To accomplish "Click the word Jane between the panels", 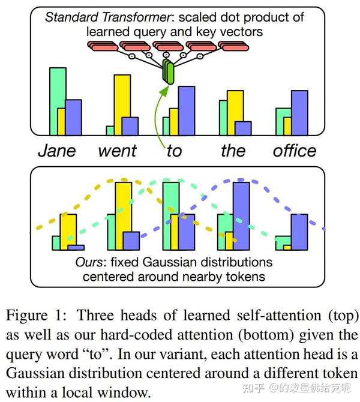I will [x=57, y=150].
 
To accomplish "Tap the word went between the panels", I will [x=118, y=150].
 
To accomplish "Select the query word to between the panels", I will [x=174, y=150].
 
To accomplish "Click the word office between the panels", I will [x=295, y=150].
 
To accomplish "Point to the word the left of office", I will [x=233, y=150].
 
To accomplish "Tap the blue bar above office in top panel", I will [x=299, y=112].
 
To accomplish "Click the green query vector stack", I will [x=169, y=73].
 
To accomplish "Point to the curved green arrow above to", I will [x=160, y=114].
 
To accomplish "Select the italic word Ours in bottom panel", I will [x=88, y=263].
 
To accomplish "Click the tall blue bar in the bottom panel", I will [x=241, y=215].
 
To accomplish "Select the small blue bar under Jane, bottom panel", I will [x=76, y=247].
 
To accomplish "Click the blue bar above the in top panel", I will [x=243, y=128].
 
